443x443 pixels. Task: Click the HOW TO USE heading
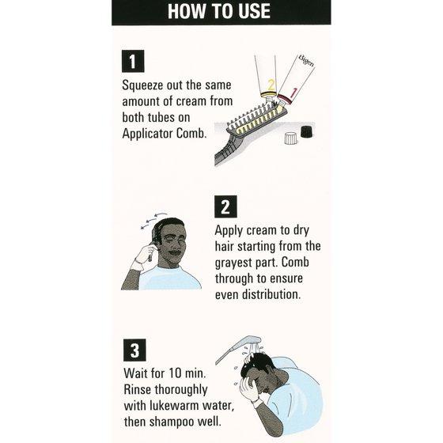point(219,11)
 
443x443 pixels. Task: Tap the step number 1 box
point(133,62)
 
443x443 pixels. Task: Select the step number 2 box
point(225,206)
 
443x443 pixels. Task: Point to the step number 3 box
point(134,350)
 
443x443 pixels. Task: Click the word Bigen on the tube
point(306,60)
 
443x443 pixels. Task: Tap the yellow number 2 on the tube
point(271,84)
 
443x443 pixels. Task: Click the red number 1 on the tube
point(293,93)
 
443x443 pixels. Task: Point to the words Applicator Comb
point(165,134)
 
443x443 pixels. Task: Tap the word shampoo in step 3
point(172,422)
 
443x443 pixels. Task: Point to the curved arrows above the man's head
point(153,220)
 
